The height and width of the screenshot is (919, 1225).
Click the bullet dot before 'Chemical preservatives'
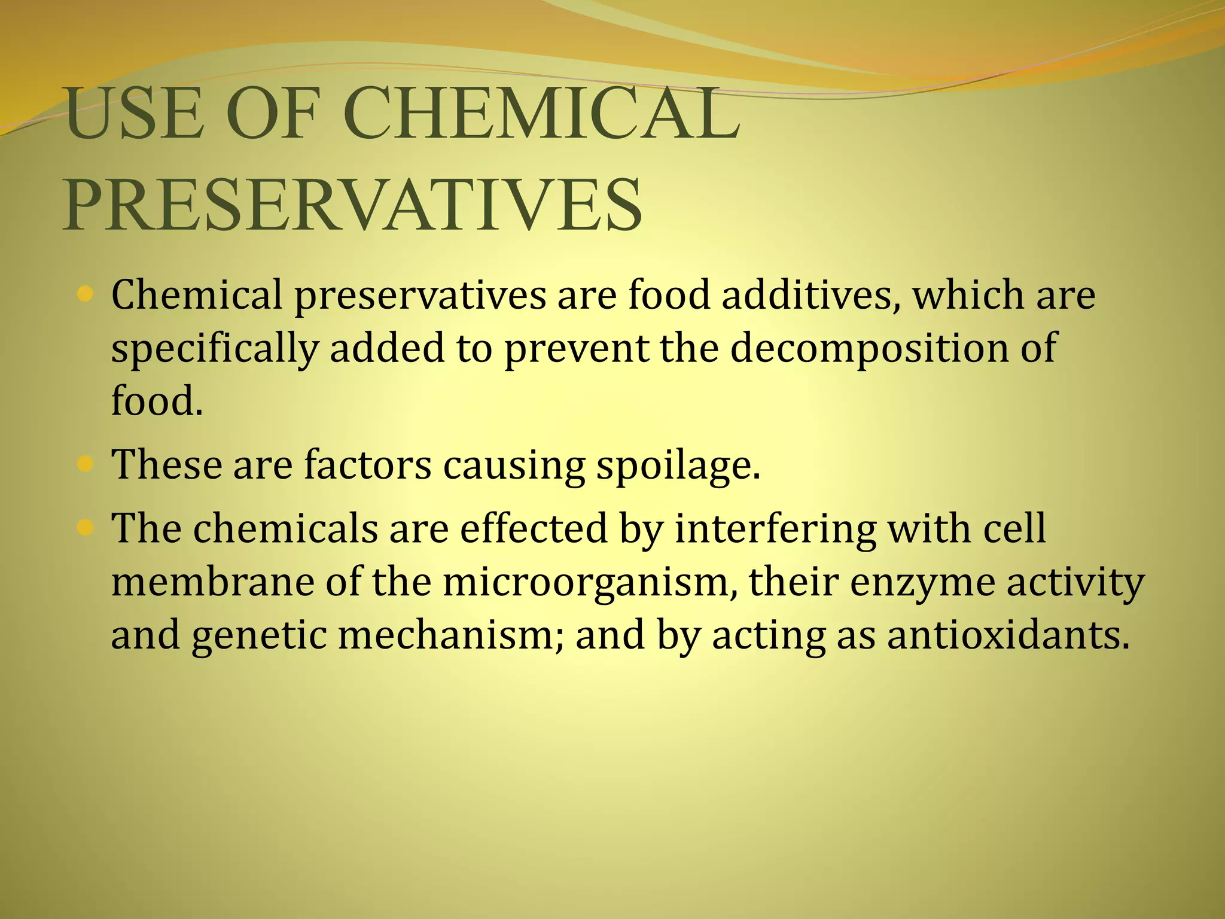click(86, 294)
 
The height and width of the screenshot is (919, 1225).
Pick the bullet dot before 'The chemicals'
click(86, 527)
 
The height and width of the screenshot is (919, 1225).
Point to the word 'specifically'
click(214, 349)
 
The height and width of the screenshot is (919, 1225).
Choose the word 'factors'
click(367, 464)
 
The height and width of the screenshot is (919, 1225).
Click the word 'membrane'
click(212, 582)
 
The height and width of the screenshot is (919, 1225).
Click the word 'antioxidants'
click(1008, 635)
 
